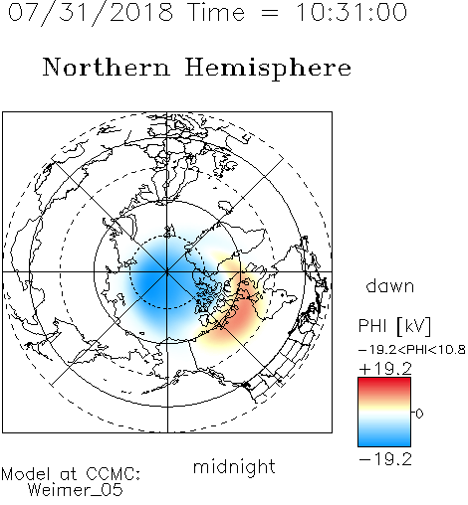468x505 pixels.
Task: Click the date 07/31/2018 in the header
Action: click(91, 13)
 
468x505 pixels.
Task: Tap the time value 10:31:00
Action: click(351, 13)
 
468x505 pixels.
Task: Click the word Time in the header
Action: click(216, 13)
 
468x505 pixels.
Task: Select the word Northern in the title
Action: click(107, 67)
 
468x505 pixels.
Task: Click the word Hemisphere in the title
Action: click(268, 69)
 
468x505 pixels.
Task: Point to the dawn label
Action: click(390, 285)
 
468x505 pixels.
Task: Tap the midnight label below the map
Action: click(234, 467)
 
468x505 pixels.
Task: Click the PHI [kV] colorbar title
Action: click(394, 326)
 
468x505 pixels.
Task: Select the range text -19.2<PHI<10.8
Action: click(412, 350)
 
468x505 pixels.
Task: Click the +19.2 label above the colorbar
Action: click(385, 369)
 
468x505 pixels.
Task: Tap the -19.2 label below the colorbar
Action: click(385, 459)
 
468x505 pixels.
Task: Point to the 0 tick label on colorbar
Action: click(419, 414)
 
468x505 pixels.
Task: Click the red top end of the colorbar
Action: click(384, 382)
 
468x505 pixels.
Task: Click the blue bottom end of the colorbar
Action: click(384, 442)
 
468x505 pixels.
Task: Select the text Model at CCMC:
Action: click(71, 474)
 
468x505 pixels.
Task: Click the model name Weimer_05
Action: click(76, 490)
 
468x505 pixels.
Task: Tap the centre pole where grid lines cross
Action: click(167, 272)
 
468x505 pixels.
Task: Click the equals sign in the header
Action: click(270, 14)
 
